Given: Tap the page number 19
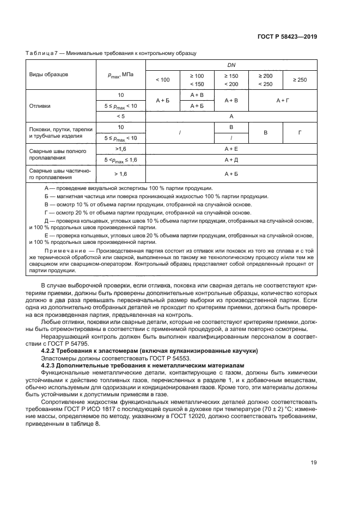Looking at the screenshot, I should tap(313, 463).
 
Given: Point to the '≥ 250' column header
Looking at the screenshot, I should tap(300, 79).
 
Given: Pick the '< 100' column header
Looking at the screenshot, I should tap(162, 79).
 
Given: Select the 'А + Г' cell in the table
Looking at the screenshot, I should tap(283, 100).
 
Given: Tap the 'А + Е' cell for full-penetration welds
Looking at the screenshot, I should tap(231, 148).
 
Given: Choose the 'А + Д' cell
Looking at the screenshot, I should tap(231, 160).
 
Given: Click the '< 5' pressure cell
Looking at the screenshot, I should tap(120, 116).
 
